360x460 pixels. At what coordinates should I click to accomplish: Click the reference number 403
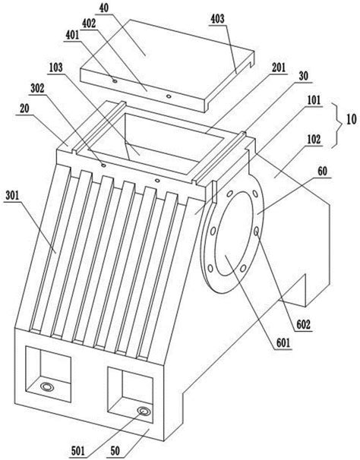pyautogui.click(x=217, y=19)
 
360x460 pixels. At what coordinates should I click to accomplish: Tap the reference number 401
pyautogui.click(x=72, y=35)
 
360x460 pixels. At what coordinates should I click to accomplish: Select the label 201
pyautogui.click(x=279, y=68)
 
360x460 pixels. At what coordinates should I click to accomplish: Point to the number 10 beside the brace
pyautogui.click(x=351, y=119)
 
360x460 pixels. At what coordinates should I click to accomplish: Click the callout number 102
pyautogui.click(x=314, y=139)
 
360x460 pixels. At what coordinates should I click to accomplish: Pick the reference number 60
pyautogui.click(x=323, y=171)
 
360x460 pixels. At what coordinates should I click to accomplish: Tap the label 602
pyautogui.click(x=303, y=325)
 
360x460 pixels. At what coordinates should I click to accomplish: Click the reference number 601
pyautogui.click(x=283, y=342)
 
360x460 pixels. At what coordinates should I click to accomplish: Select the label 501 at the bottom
pyautogui.click(x=77, y=451)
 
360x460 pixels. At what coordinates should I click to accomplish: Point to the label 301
pyautogui.click(x=12, y=196)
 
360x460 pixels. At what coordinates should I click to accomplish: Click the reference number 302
pyautogui.click(x=37, y=88)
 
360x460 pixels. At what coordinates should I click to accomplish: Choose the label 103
pyautogui.click(x=55, y=68)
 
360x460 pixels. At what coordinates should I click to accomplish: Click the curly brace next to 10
pyautogui.click(x=338, y=124)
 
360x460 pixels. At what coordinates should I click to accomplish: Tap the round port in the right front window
pyautogui.click(x=144, y=411)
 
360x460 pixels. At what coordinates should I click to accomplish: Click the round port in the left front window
pyautogui.click(x=46, y=386)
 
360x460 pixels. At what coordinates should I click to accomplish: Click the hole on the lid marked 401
pyautogui.click(x=115, y=80)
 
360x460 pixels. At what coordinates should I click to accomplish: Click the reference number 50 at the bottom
pyautogui.click(x=115, y=451)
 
